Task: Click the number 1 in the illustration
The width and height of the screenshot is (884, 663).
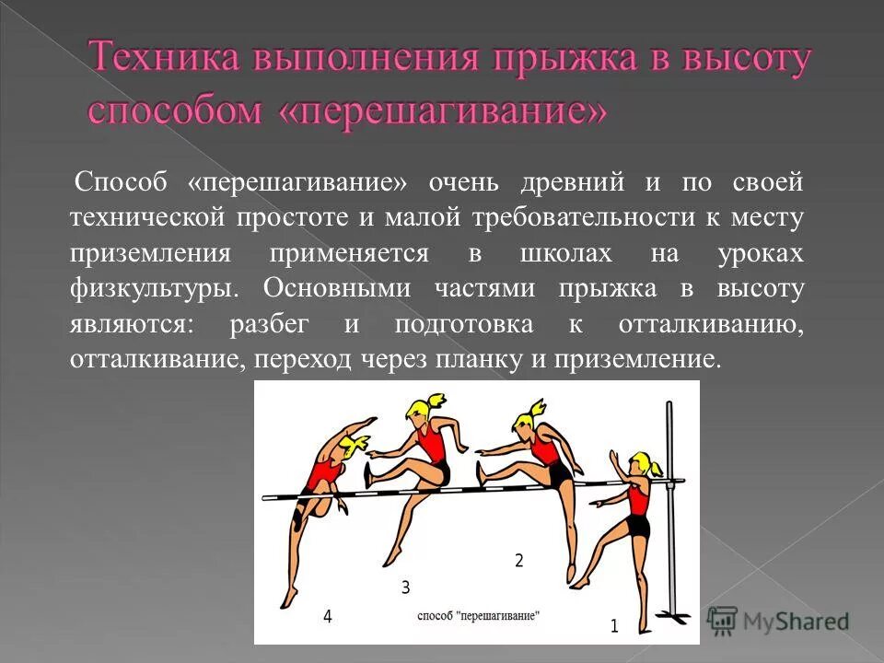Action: click(614, 626)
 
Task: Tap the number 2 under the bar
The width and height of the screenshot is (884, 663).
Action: click(518, 560)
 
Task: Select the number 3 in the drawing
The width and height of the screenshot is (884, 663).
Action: click(405, 587)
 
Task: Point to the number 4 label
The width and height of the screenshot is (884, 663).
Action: click(327, 617)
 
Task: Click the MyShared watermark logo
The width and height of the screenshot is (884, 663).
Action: click(778, 620)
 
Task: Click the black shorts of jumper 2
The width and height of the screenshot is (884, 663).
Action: click(559, 474)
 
